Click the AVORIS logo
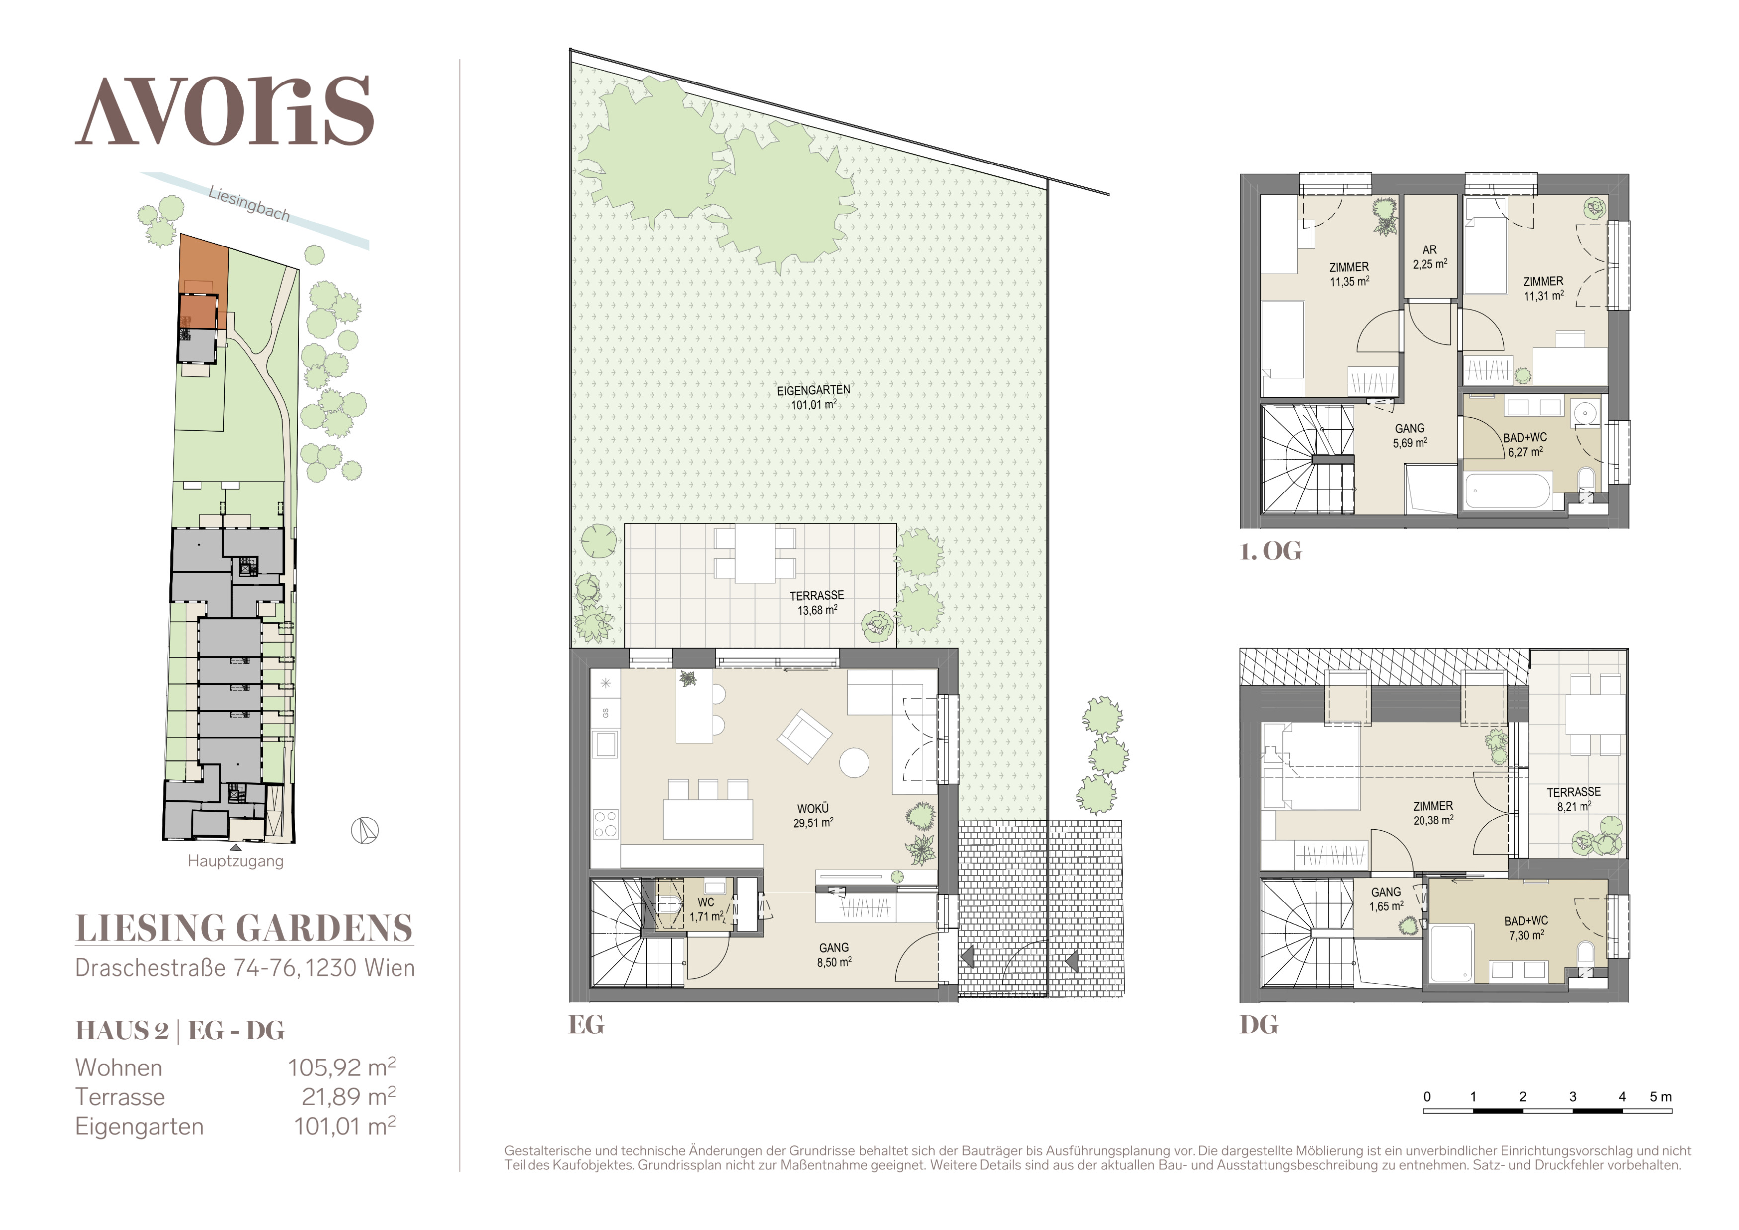224,111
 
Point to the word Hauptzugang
236,861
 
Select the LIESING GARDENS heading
244,928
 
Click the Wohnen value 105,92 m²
342,1066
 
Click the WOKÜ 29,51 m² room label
813,816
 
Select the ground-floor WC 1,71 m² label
707,909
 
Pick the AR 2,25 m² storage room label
1429,257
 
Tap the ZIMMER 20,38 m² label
1433,813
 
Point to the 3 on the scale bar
1573,1097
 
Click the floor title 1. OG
1270,551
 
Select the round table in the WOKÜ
855,763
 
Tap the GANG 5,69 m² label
1410,435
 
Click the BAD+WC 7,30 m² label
1526,928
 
